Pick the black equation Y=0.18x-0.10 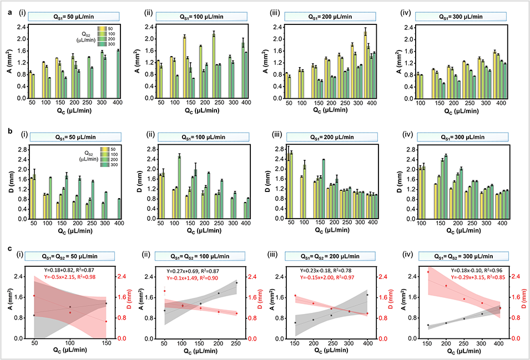pyautogui.click(x=455, y=270)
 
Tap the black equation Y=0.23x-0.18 pyautogui.click(x=327, y=270)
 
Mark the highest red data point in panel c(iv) pyautogui.click(x=428, y=272)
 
